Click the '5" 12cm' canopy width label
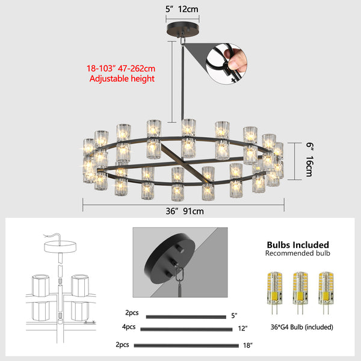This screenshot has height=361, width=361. pyautogui.click(x=181, y=9)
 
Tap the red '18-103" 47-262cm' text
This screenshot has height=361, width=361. pyautogui.click(x=121, y=68)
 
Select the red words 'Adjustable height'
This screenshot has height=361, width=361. pyautogui.click(x=121, y=79)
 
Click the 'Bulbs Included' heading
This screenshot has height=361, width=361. pyautogui.click(x=297, y=245)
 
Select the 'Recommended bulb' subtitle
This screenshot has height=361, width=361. pyautogui.click(x=297, y=254)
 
